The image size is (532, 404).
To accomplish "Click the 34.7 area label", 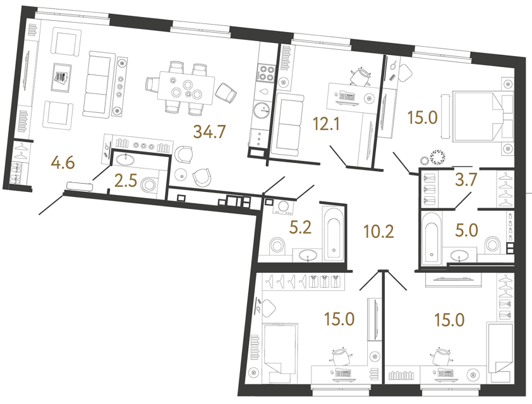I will pos(211,132).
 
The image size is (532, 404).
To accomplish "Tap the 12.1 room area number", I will pos(325,124).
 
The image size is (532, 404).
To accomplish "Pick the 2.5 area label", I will pos(127,184).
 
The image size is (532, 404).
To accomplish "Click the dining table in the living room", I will pos(184,87).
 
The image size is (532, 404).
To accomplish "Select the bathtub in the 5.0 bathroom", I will pos(431,239).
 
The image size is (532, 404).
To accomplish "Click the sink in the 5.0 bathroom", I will pos(460,255).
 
